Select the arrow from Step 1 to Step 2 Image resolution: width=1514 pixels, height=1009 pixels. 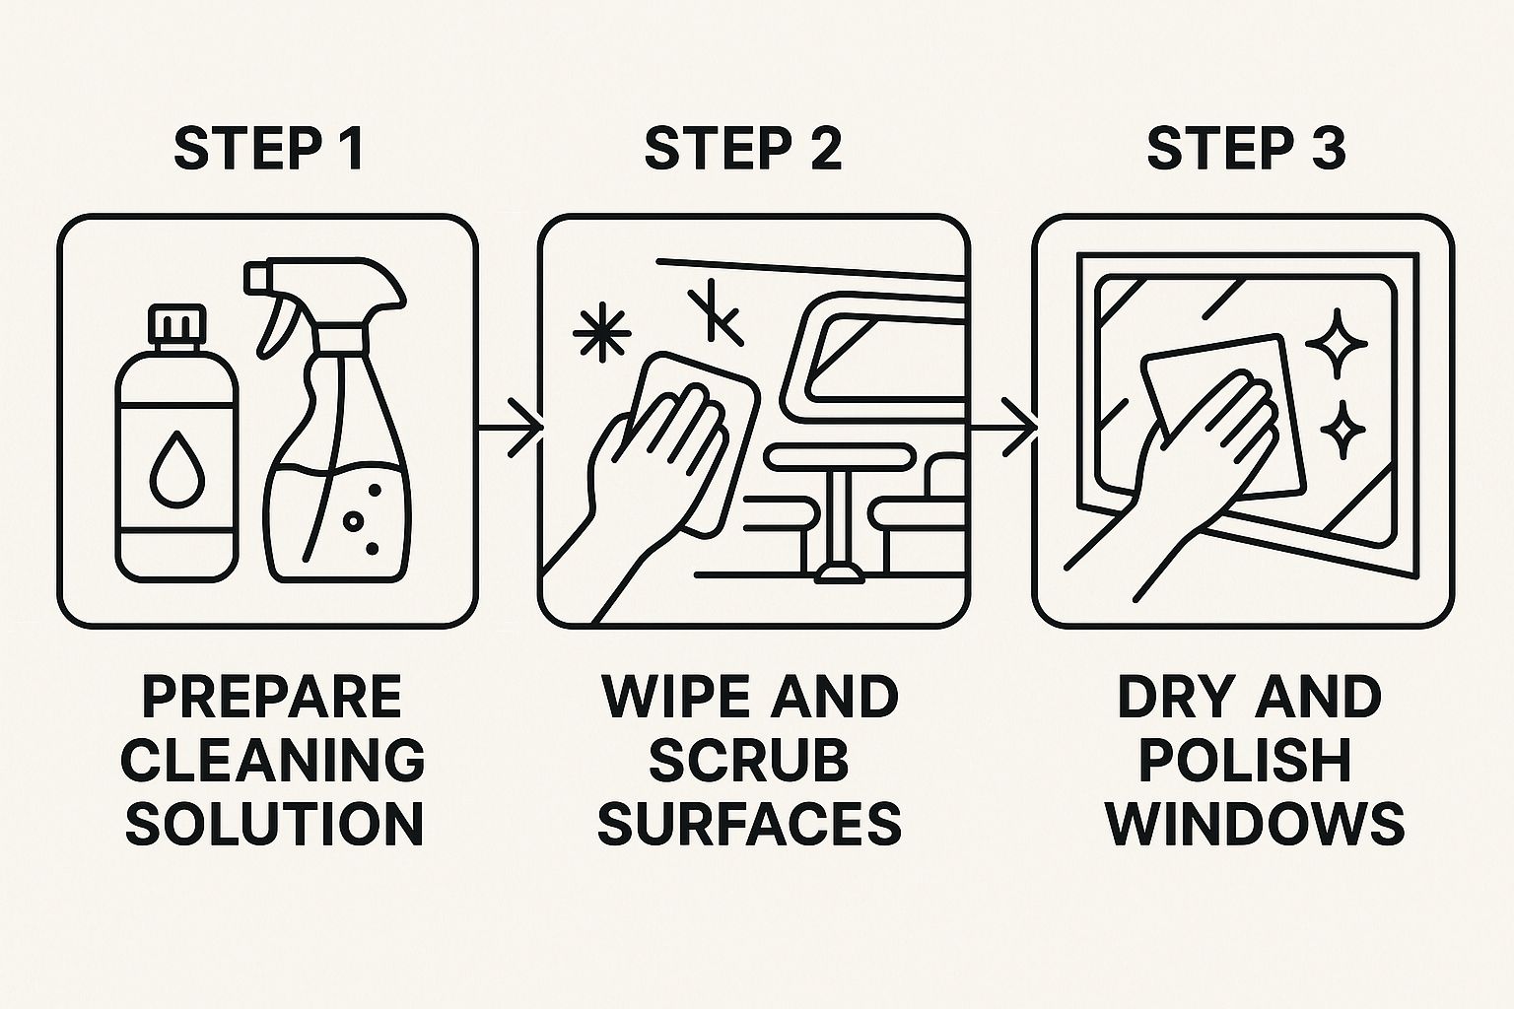click(x=511, y=427)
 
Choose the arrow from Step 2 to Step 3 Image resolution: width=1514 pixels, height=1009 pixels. click(x=1002, y=427)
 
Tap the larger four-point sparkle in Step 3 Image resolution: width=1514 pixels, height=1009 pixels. click(x=1337, y=344)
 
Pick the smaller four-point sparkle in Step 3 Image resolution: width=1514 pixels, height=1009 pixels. click(x=1342, y=430)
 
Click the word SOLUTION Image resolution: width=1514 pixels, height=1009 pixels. click(x=275, y=824)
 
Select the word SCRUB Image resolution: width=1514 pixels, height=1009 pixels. click(x=749, y=760)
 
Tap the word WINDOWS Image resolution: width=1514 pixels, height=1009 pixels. click(x=1255, y=824)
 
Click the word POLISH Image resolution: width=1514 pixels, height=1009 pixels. click(x=1246, y=760)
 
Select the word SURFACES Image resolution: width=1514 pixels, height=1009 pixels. click(x=749, y=824)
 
